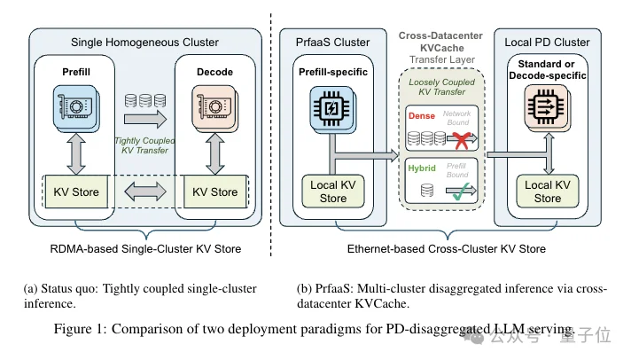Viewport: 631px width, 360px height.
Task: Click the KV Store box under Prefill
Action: click(75, 191)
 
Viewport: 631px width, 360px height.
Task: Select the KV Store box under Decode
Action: click(215, 191)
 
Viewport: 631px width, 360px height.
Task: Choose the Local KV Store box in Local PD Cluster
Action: click(547, 192)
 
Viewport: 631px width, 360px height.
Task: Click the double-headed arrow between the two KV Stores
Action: click(145, 191)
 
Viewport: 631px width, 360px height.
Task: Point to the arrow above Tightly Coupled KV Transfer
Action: click(144, 117)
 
